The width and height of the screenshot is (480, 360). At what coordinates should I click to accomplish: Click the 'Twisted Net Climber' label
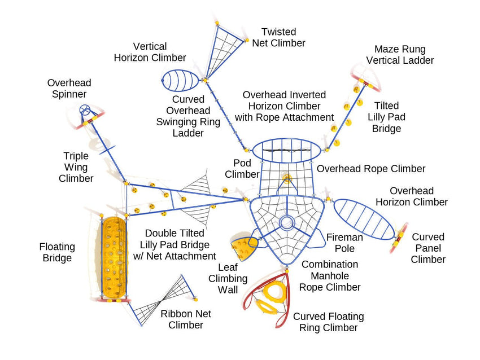[278, 37]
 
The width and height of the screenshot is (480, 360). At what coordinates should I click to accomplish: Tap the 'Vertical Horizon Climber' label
[150, 52]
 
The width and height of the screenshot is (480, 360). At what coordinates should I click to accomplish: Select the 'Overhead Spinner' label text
[69, 89]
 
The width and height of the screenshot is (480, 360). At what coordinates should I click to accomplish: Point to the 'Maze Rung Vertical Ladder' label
[400, 55]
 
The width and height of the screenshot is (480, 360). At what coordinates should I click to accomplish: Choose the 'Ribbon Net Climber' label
[186, 319]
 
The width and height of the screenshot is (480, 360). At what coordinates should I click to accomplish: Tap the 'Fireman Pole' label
[344, 243]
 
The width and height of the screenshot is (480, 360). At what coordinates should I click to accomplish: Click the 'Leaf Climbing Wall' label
[228, 279]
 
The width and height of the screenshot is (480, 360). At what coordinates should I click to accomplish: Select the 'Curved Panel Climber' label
[428, 248]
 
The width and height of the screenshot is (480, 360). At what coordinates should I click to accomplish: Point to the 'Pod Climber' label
[242, 169]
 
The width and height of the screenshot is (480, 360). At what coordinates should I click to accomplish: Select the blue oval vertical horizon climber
[181, 81]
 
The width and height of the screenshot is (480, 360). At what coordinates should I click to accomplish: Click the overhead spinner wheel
[85, 109]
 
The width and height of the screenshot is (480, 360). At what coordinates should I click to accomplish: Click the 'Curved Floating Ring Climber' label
[328, 322]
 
